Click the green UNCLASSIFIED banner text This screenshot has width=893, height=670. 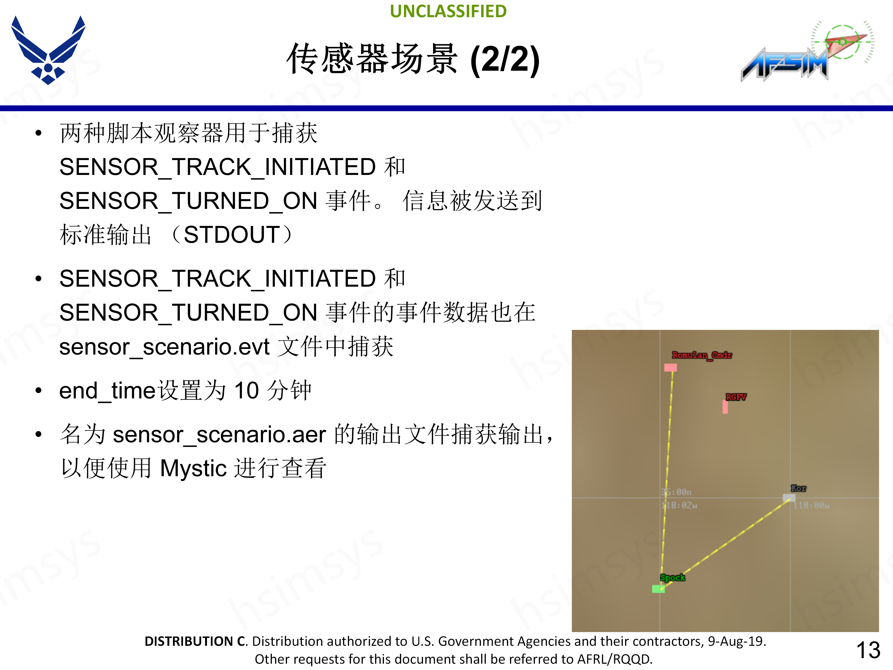pos(448,11)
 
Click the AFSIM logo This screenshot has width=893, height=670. pos(805,53)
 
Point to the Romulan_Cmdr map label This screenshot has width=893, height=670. pos(702,355)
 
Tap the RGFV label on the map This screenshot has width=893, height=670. pos(736,397)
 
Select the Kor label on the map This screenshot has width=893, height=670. pos(798,488)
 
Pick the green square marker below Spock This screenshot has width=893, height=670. pos(658,589)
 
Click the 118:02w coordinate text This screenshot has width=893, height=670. pos(680,505)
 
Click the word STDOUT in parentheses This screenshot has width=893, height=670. pos(232,235)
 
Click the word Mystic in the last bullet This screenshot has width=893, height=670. pos(193,469)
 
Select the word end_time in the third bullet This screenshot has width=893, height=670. pos(107,391)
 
